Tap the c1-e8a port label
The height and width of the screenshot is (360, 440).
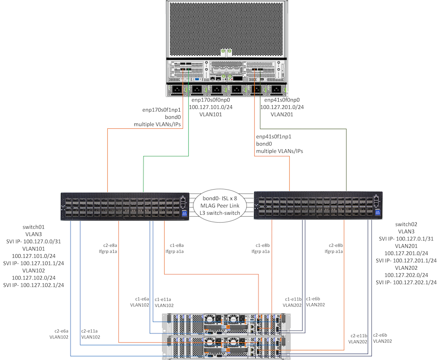pyautogui.click(x=177, y=244)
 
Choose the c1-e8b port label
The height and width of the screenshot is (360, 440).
pyautogui.click(x=263, y=244)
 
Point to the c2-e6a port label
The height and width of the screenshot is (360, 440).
pyautogui.click(x=59, y=331)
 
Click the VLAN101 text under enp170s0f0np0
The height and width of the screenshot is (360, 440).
pyautogui.click(x=210, y=115)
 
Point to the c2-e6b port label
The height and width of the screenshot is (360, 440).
pyautogui.click(x=383, y=334)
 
